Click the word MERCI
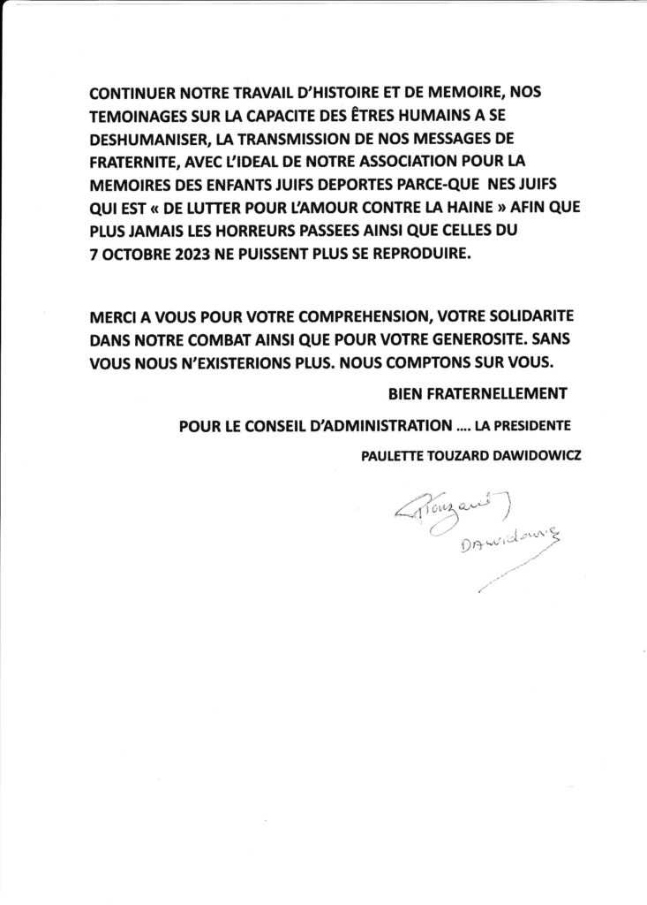(113, 317)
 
